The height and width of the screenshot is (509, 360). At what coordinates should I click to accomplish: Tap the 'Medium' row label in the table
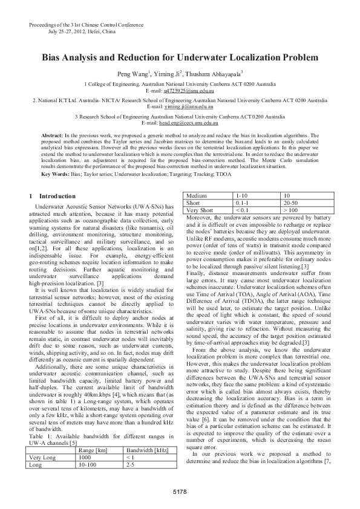(197, 196)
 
